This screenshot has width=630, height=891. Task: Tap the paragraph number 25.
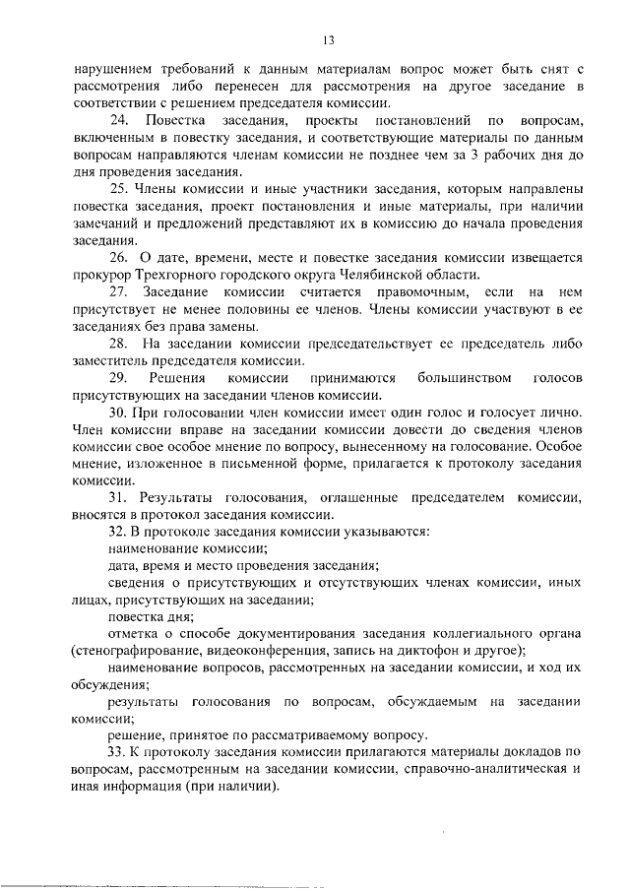117,188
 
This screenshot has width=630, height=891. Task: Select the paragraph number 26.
117,258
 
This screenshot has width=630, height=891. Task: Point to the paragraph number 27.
117,292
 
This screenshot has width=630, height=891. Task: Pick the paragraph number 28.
117,344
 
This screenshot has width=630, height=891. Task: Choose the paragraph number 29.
117,378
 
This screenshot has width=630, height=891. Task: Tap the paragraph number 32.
117,533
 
